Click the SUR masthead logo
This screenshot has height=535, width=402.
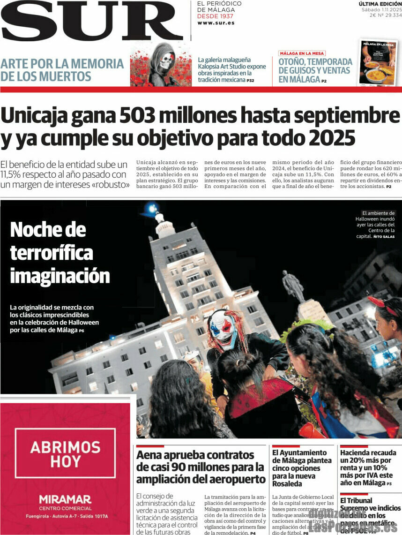92,21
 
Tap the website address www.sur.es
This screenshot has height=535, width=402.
216,23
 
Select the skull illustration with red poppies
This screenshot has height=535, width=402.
161,65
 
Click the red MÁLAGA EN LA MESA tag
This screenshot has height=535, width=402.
302,53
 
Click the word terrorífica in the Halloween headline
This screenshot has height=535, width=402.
52,253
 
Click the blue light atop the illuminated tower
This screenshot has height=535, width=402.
151,207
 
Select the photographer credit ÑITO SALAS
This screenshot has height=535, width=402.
384,237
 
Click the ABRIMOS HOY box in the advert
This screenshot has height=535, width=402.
65,453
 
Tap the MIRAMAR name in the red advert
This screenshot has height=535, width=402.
65,499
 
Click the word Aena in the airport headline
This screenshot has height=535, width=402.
150,455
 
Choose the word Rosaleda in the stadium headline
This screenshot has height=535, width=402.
287,484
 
